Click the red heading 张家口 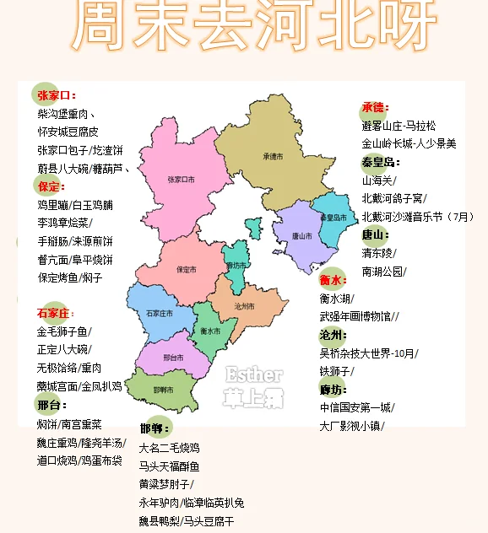pos(55,96)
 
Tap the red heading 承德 pos(373,107)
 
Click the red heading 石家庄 pos(56,313)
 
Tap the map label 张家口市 pos(181,180)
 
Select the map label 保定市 pos(186,270)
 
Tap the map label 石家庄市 pos(160,314)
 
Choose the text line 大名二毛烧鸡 pos(169,447)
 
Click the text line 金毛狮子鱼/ pos(64,331)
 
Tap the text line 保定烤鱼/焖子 pos(69,277)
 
